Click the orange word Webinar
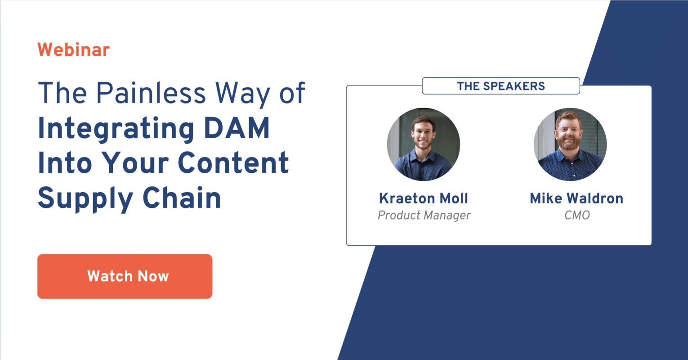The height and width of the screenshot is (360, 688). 73,49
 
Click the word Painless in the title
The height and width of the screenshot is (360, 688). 152,93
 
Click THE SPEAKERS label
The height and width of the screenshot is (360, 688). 501,86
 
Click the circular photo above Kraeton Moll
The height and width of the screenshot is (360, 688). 423,144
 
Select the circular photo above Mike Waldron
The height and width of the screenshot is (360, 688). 570,144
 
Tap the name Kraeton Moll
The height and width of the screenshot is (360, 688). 424,198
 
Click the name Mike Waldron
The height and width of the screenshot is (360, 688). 576,198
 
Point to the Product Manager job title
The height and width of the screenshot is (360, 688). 424,216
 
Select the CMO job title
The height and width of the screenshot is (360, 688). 577,216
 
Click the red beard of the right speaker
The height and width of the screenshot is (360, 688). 569,143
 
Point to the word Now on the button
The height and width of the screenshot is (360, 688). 153,276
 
